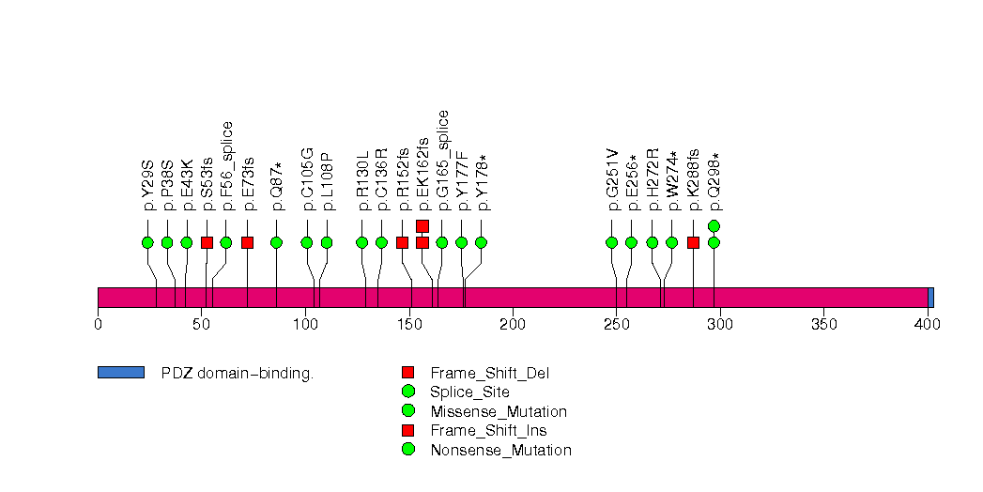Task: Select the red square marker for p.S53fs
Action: pyautogui.click(x=207, y=242)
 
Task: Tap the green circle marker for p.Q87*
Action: pyautogui.click(x=276, y=242)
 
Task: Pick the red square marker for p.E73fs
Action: pyautogui.click(x=247, y=242)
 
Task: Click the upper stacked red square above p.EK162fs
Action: pyautogui.click(x=422, y=225)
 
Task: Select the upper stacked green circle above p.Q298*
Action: pyautogui.click(x=714, y=225)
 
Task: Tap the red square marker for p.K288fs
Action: pyautogui.click(x=693, y=242)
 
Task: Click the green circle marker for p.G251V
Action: pyautogui.click(x=612, y=242)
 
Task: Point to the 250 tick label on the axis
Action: pyautogui.click(x=616, y=325)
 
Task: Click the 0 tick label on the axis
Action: pyautogui.click(x=98, y=325)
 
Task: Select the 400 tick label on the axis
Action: pyautogui.click(x=928, y=325)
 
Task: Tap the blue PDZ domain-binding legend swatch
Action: pyautogui.click(x=120, y=373)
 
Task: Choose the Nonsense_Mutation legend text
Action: pyautogui.click(x=500, y=450)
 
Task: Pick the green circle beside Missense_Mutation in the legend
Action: pyautogui.click(x=407, y=411)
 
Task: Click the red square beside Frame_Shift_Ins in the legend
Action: pyautogui.click(x=407, y=430)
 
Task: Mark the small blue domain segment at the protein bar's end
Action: pyautogui.click(x=930, y=297)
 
